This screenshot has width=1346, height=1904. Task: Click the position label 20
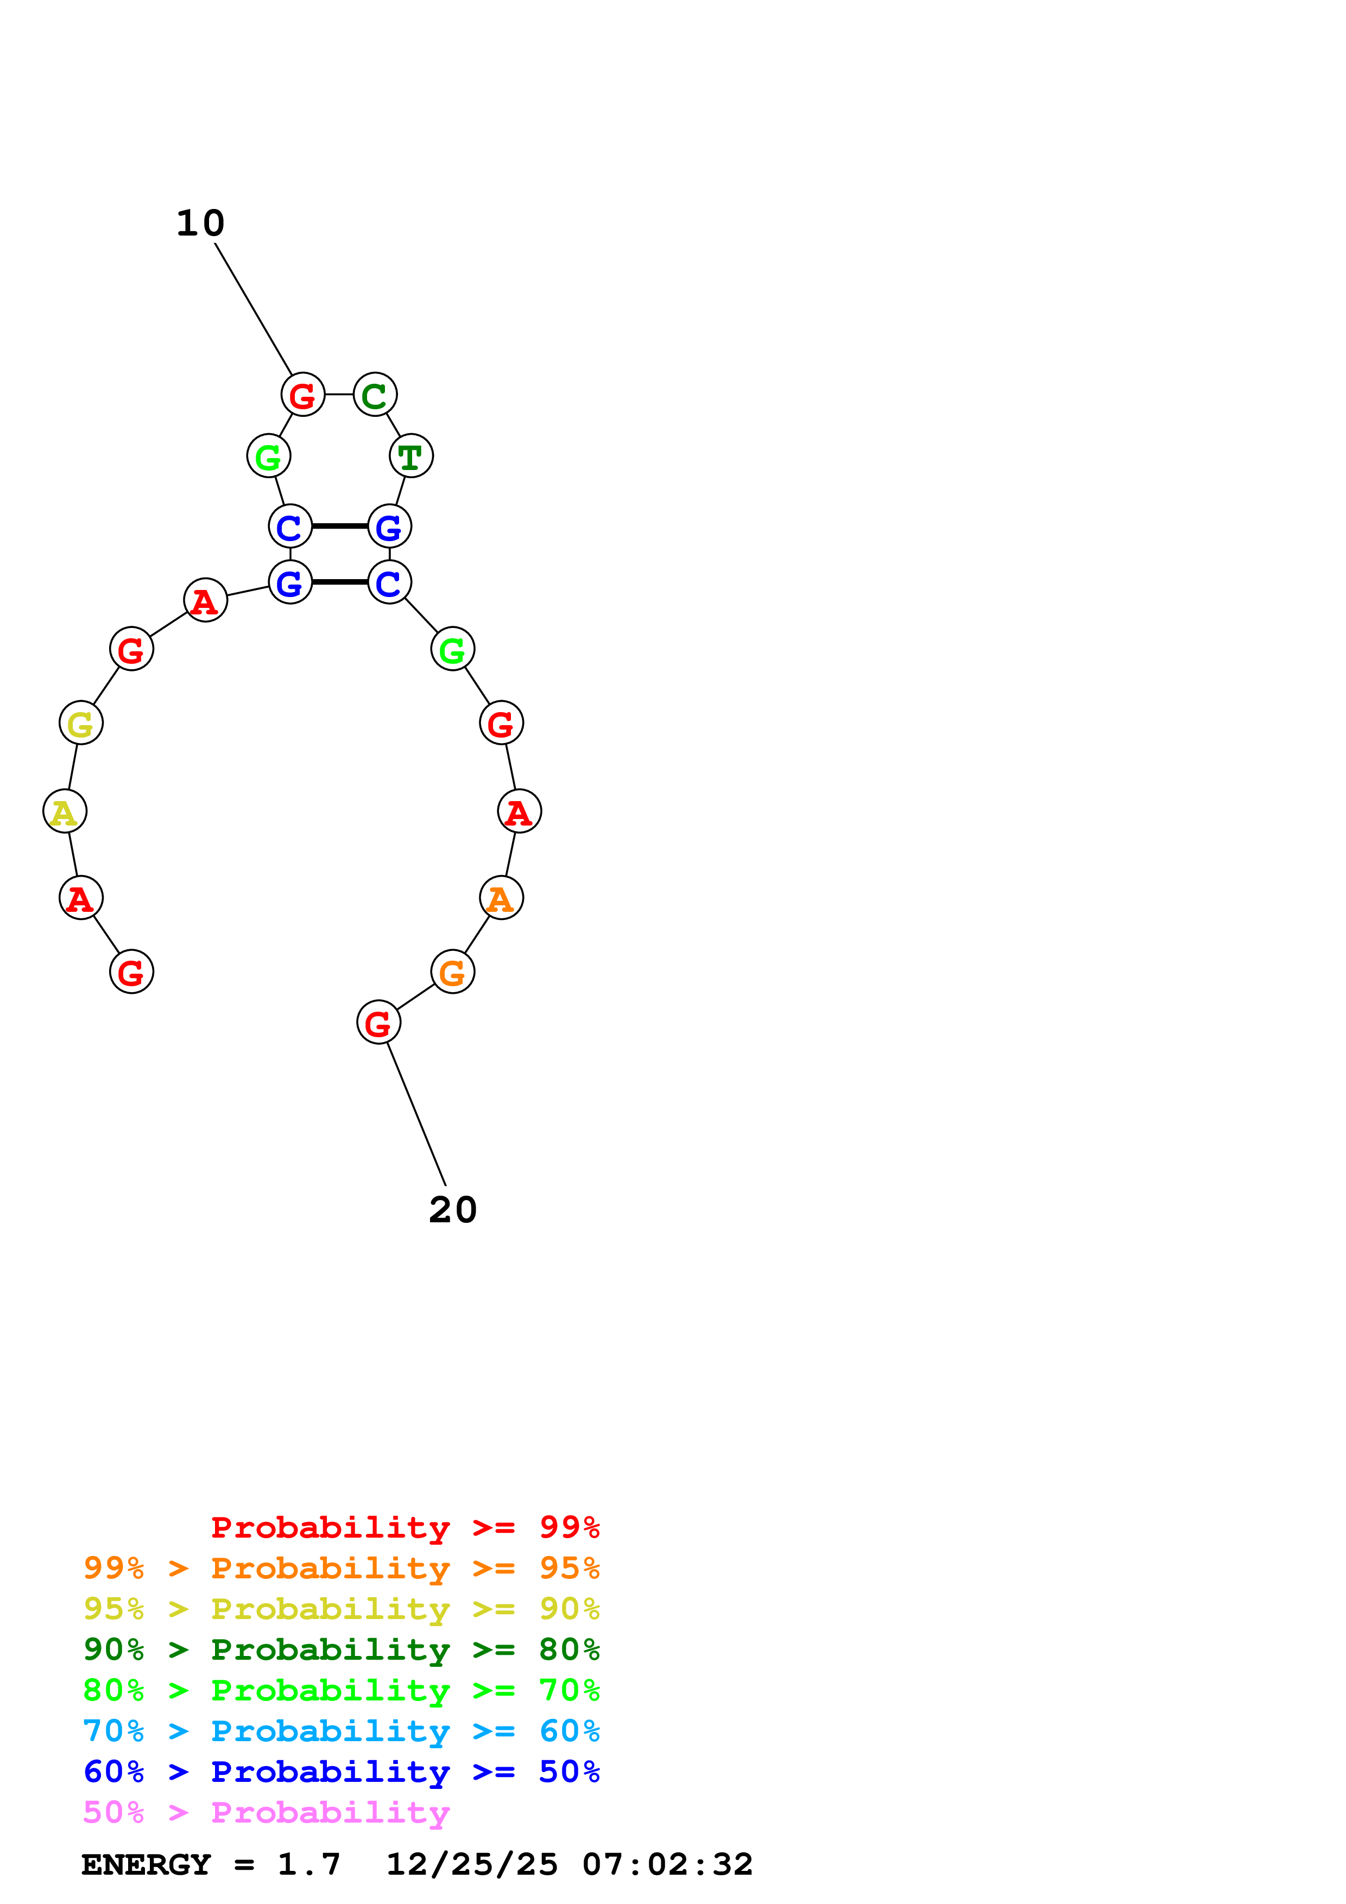click(453, 1210)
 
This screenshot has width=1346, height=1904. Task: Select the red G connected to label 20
click(378, 1023)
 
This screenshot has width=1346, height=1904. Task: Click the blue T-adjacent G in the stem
click(389, 526)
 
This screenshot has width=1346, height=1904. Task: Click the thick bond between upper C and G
click(339, 526)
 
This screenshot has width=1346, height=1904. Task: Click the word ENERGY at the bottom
click(146, 1864)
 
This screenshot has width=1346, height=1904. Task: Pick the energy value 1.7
click(308, 1864)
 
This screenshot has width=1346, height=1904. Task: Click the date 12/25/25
click(472, 1864)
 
